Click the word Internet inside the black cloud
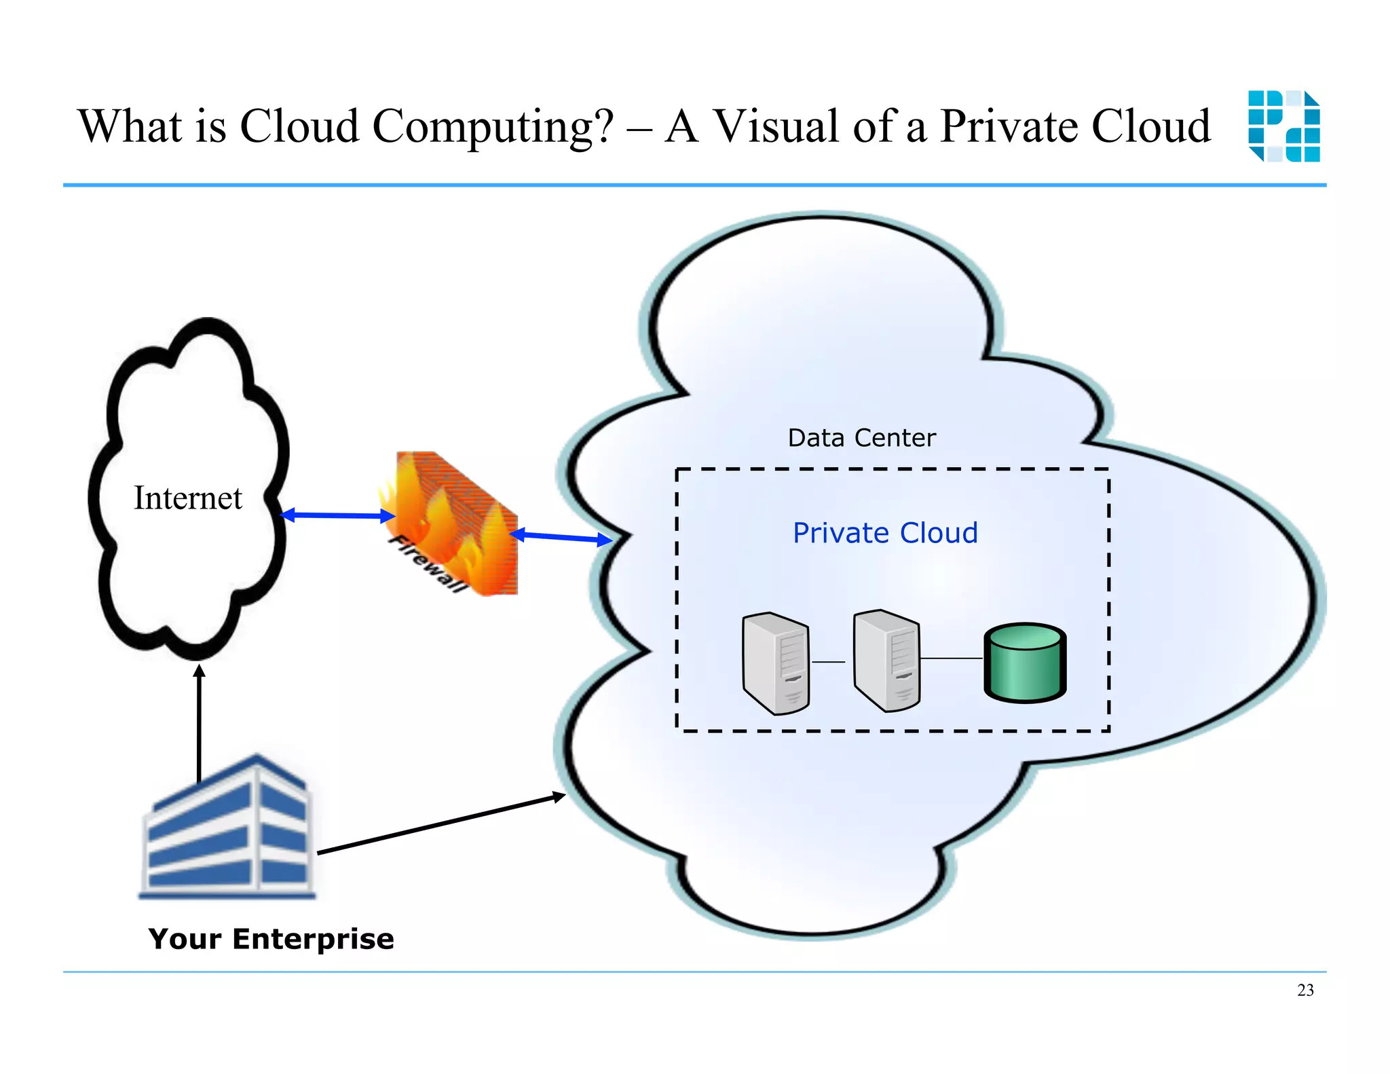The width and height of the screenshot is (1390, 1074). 187,498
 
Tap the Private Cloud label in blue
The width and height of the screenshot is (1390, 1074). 885,533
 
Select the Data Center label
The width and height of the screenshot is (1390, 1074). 861,438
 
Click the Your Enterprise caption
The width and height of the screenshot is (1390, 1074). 271,939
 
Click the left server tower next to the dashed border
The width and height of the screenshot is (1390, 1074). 776,663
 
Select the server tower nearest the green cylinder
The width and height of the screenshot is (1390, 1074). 887,661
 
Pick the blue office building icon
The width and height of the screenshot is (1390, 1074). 228,828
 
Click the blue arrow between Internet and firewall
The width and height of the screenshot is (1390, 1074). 337,516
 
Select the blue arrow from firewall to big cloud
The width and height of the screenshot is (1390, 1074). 561,538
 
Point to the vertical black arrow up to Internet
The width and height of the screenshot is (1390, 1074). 199,723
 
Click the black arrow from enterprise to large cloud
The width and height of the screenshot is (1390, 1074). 441,823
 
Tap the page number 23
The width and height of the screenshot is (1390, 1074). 1304,990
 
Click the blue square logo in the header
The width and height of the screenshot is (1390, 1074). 1283,126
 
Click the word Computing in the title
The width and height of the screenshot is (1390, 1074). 493,127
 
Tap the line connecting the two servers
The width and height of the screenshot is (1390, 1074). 829,661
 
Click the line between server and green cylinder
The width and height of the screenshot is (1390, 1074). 951,658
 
